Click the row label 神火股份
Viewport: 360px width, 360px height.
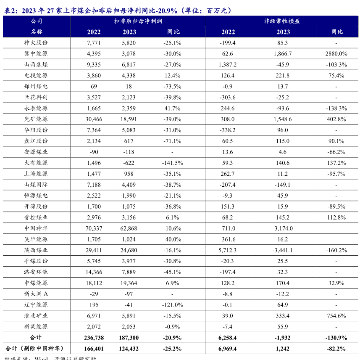coord(36,43)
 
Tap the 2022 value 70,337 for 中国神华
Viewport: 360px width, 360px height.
coord(94,228)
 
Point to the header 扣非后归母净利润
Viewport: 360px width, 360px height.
coord(138,21)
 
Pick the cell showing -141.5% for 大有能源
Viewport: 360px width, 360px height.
coord(172,163)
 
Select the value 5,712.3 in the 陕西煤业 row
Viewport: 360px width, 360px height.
coord(228,250)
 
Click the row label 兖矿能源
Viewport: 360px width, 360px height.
coord(36,119)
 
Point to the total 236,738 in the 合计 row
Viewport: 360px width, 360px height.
coord(94,338)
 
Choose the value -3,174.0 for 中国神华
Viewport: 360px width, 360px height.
coord(283,228)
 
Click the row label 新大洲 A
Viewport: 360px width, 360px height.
coord(36,294)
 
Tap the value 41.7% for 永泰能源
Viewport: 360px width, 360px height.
coord(172,109)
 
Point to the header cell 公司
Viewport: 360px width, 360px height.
coord(36,21)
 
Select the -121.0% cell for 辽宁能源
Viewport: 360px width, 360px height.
coord(172,305)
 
